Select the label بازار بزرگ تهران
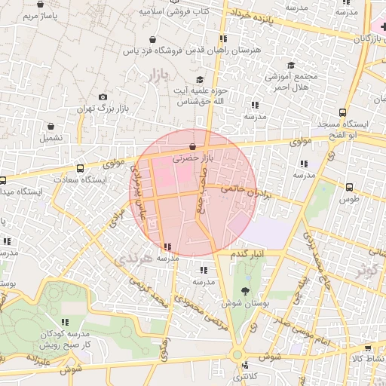tap(98, 109)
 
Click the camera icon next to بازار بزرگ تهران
tap(103, 97)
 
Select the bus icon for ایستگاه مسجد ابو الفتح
tap(343, 111)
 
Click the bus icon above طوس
tap(349, 187)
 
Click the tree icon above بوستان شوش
tap(244, 290)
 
